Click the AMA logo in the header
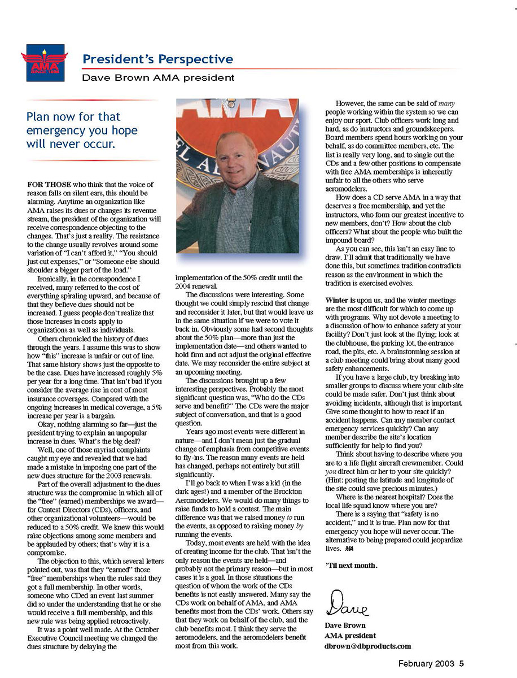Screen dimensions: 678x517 pyautogui.click(x=45, y=63)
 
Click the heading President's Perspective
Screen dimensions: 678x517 pyautogui.click(x=157, y=59)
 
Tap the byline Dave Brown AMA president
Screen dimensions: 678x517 pyautogui.click(x=159, y=78)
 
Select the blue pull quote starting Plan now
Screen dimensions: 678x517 pyautogui.click(x=82, y=130)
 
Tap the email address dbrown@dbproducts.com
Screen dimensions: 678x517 pyautogui.click(x=368, y=646)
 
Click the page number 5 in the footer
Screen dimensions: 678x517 pyautogui.click(x=461, y=664)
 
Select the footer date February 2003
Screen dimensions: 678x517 pyautogui.click(x=426, y=664)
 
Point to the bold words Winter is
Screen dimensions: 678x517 pyautogui.click(x=340, y=299)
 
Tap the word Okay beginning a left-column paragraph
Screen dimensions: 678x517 pyautogui.click(x=47, y=424)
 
